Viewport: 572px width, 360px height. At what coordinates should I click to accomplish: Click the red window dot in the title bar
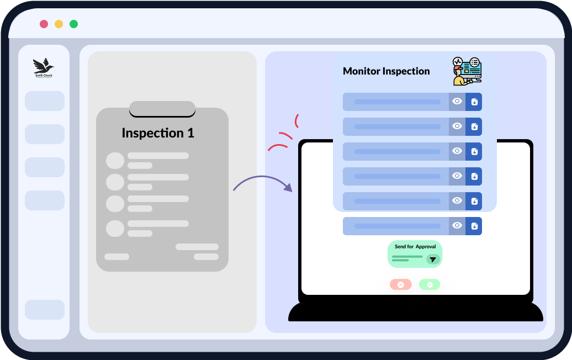click(x=44, y=24)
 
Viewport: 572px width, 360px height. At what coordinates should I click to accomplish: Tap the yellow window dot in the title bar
click(x=59, y=24)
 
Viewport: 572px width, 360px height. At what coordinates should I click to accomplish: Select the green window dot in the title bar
click(x=73, y=24)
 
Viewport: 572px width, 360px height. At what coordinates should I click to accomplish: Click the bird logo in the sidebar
click(x=44, y=67)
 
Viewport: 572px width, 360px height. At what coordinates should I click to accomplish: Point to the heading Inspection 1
click(x=158, y=133)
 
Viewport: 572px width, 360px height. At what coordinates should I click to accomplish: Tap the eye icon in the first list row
click(x=457, y=102)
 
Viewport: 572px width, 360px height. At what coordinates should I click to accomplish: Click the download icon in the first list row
click(x=474, y=102)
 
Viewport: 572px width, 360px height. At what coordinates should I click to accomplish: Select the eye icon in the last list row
click(x=457, y=226)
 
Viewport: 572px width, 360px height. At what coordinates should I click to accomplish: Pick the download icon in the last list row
click(x=474, y=226)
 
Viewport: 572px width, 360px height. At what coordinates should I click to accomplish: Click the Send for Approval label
click(x=415, y=247)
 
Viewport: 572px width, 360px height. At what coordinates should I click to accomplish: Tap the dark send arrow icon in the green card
click(x=433, y=259)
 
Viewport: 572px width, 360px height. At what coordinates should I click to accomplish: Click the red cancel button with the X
click(x=401, y=285)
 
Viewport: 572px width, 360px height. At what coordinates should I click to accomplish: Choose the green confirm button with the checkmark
click(x=430, y=285)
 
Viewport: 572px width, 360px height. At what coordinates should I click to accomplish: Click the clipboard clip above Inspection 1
click(x=162, y=109)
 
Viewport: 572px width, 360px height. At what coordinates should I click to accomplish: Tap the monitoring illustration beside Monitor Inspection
click(x=467, y=71)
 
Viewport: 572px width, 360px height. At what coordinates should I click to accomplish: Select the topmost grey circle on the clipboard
click(x=115, y=161)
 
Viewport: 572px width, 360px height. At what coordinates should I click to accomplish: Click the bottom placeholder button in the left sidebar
click(x=45, y=310)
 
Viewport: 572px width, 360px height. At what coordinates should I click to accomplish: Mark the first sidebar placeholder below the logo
click(x=45, y=101)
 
